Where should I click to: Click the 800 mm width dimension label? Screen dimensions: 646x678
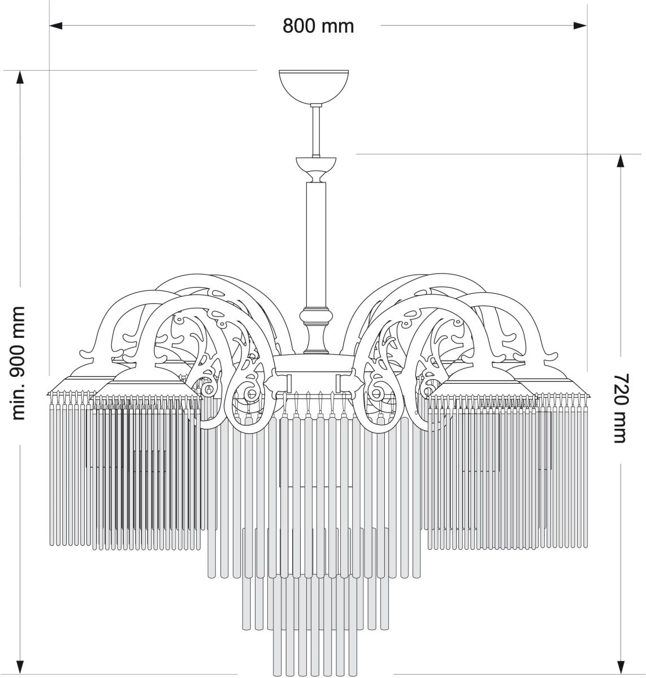[318, 26]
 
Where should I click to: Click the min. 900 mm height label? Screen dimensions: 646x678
[18, 363]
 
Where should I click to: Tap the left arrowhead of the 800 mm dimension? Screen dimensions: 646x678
[56, 25]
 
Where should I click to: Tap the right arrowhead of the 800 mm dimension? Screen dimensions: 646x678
[580, 25]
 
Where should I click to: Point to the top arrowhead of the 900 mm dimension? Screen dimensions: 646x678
[20, 77]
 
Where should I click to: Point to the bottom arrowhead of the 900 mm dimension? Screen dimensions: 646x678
[20, 667]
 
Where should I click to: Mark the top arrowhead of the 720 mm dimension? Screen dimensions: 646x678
[621, 160]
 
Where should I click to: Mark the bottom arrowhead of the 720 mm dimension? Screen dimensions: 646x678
[621, 667]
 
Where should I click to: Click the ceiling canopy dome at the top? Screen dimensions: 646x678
[314, 86]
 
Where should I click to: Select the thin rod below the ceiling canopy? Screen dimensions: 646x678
[316, 131]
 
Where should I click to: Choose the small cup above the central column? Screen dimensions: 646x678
[316, 169]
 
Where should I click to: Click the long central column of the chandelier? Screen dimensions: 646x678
[316, 245]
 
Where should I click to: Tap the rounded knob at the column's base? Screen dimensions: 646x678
[316, 315]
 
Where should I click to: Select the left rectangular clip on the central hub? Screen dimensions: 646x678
[289, 383]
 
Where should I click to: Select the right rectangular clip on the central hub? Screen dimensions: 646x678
[339, 383]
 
